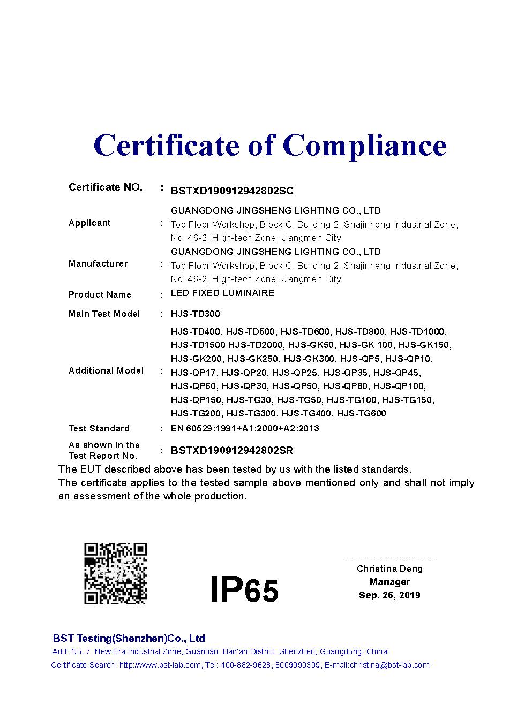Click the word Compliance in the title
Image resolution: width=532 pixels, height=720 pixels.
coord(364,146)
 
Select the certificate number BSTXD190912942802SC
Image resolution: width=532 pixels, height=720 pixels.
coord(232,191)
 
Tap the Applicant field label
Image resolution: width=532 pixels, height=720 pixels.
coord(89,223)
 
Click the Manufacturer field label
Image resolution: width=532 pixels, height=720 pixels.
coord(98,264)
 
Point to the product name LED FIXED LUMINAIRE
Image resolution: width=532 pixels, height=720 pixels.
coord(222,293)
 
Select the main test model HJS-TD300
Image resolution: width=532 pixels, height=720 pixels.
coord(195,314)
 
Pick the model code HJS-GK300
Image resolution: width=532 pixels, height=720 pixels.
coord(309,359)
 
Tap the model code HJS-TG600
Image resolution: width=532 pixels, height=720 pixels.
coord(362,413)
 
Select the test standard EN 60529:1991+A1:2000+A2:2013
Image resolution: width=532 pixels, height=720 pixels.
coord(245,428)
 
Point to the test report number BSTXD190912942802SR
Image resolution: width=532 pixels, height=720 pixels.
coord(232,451)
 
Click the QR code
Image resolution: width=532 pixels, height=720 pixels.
coord(115,573)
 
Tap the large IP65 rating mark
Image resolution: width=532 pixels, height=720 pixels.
coord(244,589)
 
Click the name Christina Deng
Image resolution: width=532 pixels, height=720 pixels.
coord(389,569)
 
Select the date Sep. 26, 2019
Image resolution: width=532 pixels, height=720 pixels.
coord(389,595)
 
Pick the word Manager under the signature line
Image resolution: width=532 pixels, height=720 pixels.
coord(389,582)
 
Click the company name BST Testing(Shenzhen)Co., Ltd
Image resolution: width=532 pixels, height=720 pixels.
coord(129,639)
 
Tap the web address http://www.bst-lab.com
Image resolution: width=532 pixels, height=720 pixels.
coord(160,665)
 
